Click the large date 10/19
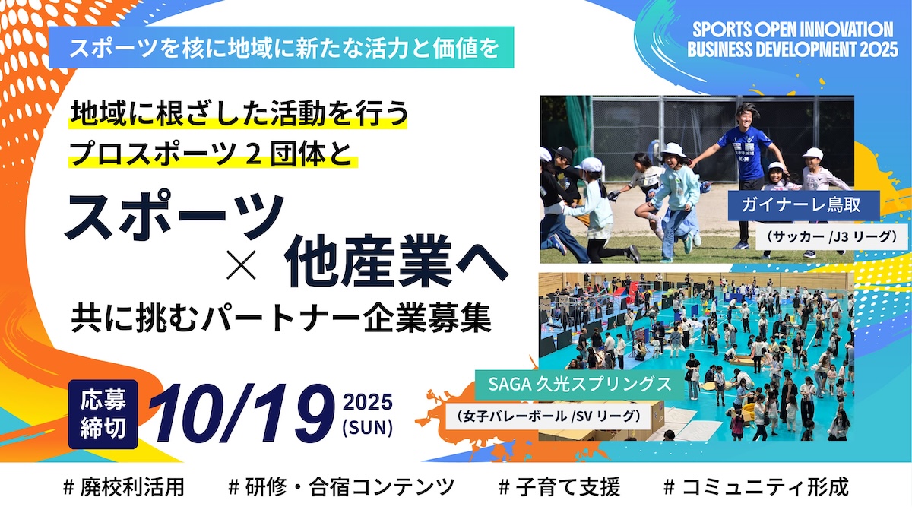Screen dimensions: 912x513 click(242, 413)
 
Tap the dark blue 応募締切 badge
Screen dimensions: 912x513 click(103, 414)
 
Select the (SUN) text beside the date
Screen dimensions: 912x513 click(368, 427)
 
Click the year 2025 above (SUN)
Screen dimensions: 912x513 click(368, 402)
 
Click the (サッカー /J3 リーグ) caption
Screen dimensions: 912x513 click(831, 236)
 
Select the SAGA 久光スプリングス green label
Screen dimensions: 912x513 click(580, 384)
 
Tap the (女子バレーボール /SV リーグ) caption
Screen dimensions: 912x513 click(547, 416)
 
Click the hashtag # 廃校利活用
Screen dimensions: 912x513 click(124, 487)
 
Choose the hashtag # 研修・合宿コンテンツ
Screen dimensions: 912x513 click(341, 487)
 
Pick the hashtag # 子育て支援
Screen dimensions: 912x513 click(559, 487)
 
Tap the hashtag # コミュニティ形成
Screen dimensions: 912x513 click(756, 487)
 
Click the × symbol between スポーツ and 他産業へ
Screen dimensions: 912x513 click(242, 265)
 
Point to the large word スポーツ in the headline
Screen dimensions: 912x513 click(174, 217)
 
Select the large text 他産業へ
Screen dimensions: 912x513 click(396, 261)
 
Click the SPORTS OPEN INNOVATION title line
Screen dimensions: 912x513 click(793, 30)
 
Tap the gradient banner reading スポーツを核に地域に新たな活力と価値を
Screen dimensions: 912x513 click(281, 47)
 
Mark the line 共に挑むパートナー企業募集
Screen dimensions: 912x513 click(281, 319)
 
